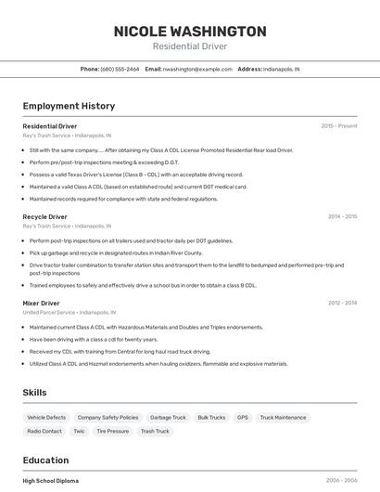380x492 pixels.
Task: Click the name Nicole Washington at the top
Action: (x=189, y=31)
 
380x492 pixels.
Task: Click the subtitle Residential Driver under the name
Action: (x=189, y=46)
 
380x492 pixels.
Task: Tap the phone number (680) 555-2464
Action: (x=120, y=69)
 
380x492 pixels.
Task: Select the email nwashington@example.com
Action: (x=197, y=69)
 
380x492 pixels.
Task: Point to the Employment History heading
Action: (x=69, y=106)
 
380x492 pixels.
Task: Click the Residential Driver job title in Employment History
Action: (x=50, y=125)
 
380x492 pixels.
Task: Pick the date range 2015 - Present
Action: (x=339, y=125)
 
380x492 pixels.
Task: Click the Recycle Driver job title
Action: (x=44, y=216)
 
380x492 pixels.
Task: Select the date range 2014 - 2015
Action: (x=342, y=216)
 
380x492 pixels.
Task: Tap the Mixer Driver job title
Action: (x=41, y=303)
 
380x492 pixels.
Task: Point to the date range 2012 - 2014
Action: (x=342, y=303)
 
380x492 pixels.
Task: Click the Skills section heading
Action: (x=34, y=393)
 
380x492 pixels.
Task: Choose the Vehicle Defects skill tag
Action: (x=46, y=418)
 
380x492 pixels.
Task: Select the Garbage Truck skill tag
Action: (x=168, y=418)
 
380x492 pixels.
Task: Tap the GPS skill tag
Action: (x=242, y=418)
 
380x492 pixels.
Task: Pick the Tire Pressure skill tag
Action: (x=112, y=431)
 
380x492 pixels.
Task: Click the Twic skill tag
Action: (x=79, y=431)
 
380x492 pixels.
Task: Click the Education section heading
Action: (x=45, y=460)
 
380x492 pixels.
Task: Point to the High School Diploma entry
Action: (x=51, y=481)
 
